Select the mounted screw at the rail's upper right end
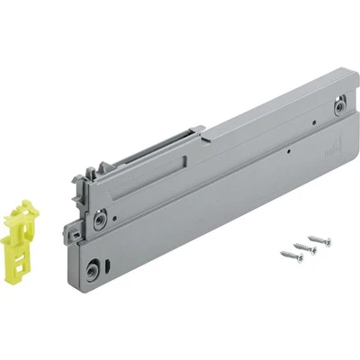coord(338,106)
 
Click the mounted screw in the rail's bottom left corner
coord(94,268)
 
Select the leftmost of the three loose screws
coord(290,254)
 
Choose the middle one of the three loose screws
coord(305,246)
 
